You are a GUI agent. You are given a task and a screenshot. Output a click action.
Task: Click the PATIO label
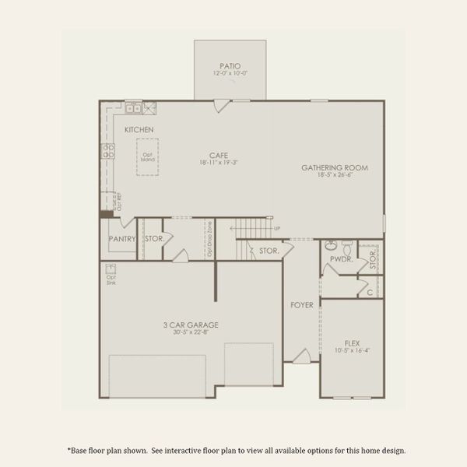tap(230, 66)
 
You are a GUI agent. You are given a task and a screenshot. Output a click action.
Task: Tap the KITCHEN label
tap(139, 129)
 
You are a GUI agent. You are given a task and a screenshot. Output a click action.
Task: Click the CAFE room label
tap(217, 154)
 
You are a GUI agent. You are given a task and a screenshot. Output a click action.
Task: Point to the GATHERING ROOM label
tap(335, 167)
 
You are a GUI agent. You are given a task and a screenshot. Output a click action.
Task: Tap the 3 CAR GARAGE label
tap(190, 325)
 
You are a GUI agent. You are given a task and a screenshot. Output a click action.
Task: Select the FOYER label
tap(302, 304)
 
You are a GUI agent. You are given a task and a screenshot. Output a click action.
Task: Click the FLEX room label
tap(353, 342)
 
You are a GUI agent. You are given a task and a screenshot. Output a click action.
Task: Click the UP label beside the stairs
tap(276, 228)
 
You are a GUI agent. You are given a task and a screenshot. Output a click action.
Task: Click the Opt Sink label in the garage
tap(111, 278)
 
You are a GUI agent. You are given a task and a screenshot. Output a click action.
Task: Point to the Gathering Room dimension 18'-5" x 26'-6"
tap(335, 176)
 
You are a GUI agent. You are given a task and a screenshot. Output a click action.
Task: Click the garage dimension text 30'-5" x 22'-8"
tap(190, 332)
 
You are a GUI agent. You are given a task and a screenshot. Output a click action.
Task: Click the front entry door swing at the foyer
tap(301, 356)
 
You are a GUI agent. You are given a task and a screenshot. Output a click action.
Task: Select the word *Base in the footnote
tap(76, 449)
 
